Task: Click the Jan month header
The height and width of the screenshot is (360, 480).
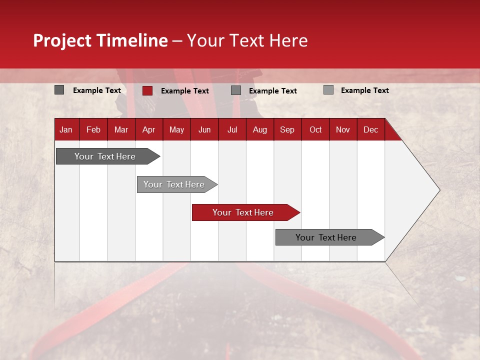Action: (x=66, y=129)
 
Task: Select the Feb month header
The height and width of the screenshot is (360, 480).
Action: (x=93, y=129)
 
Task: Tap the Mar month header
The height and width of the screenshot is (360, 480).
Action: (x=121, y=129)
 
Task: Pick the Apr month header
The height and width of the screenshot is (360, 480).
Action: (x=148, y=129)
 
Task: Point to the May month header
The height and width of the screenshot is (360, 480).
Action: (x=176, y=129)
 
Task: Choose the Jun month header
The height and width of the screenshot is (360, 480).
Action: (x=204, y=129)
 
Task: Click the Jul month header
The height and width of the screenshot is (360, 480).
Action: (x=232, y=129)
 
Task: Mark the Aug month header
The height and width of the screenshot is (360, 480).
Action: (x=259, y=129)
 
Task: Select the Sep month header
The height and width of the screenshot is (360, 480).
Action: (x=287, y=129)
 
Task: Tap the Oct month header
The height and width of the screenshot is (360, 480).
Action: (x=315, y=129)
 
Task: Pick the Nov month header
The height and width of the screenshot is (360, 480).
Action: (x=343, y=129)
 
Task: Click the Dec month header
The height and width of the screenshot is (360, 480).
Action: (x=370, y=129)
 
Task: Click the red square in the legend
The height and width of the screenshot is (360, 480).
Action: (x=147, y=90)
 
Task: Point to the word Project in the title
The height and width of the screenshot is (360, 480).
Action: (x=62, y=40)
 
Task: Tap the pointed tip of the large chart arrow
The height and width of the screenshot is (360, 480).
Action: (x=438, y=190)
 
